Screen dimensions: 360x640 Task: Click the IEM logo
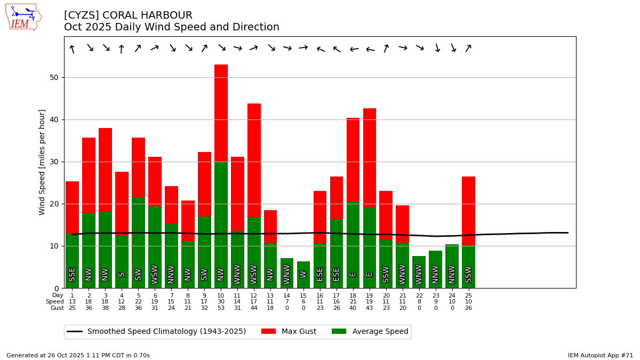[x=23, y=17]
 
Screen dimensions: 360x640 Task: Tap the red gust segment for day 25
[x=468, y=211]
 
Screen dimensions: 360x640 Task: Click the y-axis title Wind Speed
[x=43, y=162]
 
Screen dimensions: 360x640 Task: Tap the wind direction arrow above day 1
[x=72, y=49]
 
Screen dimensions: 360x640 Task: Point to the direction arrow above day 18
[x=353, y=50]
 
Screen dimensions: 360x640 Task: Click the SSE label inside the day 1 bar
[x=72, y=274]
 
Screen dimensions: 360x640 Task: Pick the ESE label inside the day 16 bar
[x=320, y=274]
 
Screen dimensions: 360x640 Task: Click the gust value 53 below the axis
[x=221, y=308]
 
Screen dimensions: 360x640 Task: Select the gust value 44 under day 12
[x=254, y=308]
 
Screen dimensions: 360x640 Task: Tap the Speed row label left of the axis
[x=54, y=302]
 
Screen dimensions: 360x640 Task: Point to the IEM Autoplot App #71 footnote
[x=600, y=355]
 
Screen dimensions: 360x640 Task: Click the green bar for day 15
[x=303, y=275]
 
